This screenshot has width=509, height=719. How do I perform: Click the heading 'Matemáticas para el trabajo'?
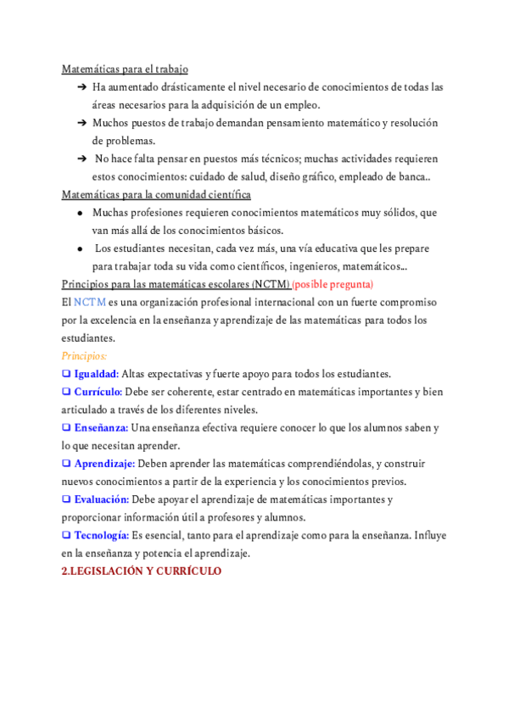[x=125, y=69]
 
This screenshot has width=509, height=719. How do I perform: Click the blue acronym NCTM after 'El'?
[x=90, y=301]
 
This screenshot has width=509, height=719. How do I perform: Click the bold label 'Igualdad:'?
[x=96, y=373]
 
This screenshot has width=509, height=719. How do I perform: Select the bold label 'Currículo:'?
[x=98, y=391]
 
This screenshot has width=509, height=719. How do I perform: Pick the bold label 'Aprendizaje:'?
[x=104, y=463]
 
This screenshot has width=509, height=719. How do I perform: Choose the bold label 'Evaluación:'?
[x=102, y=499]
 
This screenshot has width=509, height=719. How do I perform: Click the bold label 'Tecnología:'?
[x=101, y=535]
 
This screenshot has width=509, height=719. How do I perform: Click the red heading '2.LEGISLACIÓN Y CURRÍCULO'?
[x=142, y=571]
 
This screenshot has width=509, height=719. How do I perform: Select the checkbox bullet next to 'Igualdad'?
[x=66, y=373]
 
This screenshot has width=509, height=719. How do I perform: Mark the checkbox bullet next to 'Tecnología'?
[x=66, y=535]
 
